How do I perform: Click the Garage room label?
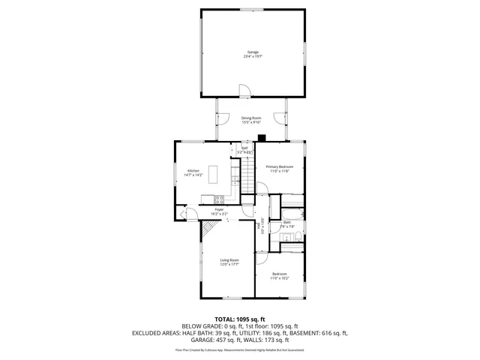point(253,52)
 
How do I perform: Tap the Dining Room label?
point(251,118)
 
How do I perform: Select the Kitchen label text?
point(193,170)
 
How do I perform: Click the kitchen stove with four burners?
point(220,199)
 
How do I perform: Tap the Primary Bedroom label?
point(280,166)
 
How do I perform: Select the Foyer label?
point(219,209)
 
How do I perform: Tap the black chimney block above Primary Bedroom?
point(262,137)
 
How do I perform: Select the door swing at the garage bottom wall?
point(243,91)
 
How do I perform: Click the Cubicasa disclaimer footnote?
point(240,349)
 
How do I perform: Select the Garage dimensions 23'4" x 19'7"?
point(253,56)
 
